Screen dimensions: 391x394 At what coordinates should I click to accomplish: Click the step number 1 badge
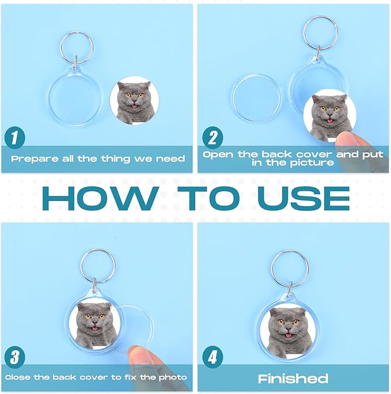click(x=15, y=138)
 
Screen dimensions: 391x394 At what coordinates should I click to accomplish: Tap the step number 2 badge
click(x=212, y=138)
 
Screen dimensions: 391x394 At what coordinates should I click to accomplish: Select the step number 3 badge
click(x=15, y=357)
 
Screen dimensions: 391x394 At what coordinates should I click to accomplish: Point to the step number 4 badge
click(x=212, y=357)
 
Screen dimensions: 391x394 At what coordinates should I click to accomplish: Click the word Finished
click(x=293, y=378)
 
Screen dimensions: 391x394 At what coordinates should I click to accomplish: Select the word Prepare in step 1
click(x=35, y=159)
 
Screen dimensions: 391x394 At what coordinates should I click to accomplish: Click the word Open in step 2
click(x=218, y=154)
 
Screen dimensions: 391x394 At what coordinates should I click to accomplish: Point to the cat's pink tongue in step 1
click(x=135, y=107)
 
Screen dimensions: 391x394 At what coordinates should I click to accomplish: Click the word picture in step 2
click(x=312, y=163)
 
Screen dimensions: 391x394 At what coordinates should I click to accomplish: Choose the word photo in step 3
click(x=173, y=377)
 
